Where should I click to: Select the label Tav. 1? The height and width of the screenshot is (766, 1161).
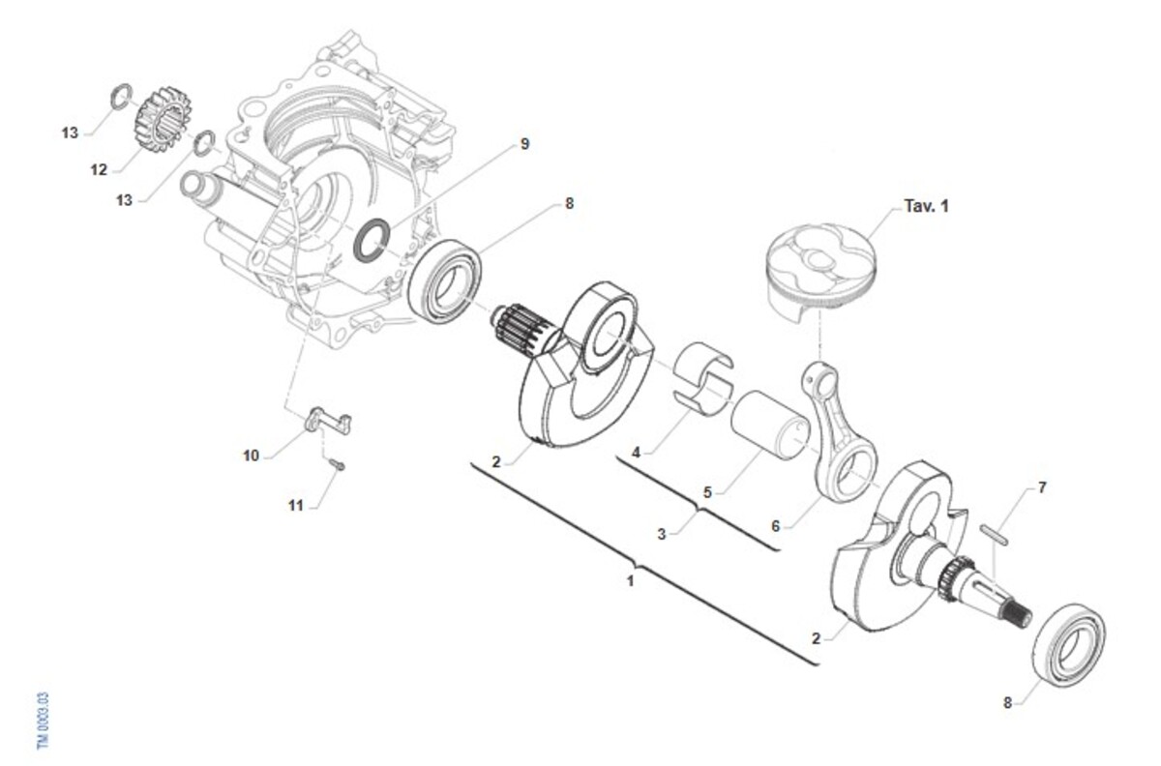926,206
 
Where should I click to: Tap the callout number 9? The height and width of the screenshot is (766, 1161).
524,144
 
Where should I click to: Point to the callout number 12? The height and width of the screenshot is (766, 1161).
99,170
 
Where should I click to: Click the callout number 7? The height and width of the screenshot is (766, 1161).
1042,487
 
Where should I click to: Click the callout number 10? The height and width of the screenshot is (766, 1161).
251,455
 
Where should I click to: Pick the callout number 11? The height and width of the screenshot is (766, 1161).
296,505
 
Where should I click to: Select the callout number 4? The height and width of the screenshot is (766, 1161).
636,451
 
